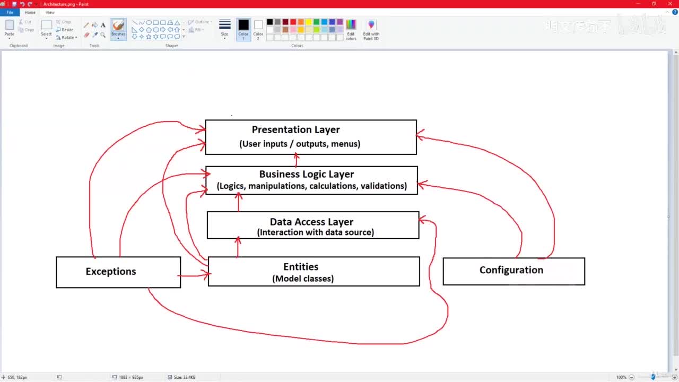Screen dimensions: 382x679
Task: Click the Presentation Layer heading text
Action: [295, 129]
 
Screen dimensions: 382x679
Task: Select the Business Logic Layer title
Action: [306, 174]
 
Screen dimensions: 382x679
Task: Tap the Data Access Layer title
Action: [311, 222]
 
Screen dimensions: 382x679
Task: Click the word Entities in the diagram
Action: [301, 267]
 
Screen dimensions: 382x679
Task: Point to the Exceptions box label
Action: [111, 271]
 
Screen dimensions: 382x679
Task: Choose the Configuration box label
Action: [511, 270]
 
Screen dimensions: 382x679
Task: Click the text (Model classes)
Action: [303, 279]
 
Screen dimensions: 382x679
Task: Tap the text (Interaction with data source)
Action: [315, 232]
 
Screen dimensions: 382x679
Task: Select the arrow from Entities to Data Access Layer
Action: [238, 247]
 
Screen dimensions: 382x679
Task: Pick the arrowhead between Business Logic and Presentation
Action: [296, 157]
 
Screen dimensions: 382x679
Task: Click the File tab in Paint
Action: [10, 12]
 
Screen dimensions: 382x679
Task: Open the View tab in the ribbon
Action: [50, 12]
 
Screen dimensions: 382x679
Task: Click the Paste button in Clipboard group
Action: [10, 28]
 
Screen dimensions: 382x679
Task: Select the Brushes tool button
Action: [118, 28]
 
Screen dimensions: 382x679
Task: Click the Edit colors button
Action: [351, 29]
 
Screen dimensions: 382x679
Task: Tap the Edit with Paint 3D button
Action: [371, 29]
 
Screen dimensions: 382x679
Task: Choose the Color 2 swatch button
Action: [258, 28]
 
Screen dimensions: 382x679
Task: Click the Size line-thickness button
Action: [225, 28]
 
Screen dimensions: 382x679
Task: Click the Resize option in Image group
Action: [65, 30]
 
